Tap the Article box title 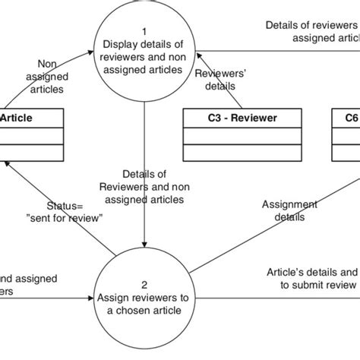pos(17,118)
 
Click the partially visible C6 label pos(349,118)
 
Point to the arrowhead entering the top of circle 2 pos(144,251)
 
